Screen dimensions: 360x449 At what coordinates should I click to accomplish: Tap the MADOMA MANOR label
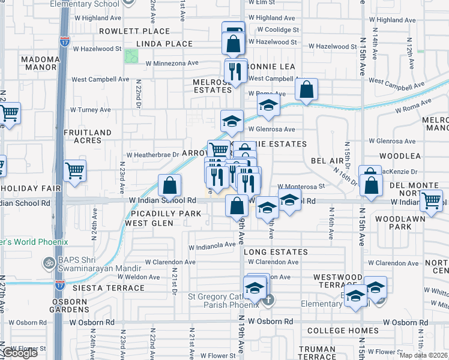(x=40, y=64)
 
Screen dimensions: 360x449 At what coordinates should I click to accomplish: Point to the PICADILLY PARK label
(x=155, y=214)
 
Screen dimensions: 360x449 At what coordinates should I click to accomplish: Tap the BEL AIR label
(x=327, y=161)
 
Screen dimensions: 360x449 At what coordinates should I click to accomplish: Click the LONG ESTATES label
(x=276, y=252)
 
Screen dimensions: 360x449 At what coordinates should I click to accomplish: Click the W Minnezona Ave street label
(x=169, y=63)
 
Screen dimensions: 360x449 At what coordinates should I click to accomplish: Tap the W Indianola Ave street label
(x=212, y=245)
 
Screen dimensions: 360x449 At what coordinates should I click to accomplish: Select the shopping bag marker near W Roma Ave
(x=306, y=89)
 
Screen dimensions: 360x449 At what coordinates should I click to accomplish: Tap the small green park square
(x=131, y=56)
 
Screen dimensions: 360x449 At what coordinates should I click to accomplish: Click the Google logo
(x=21, y=353)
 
